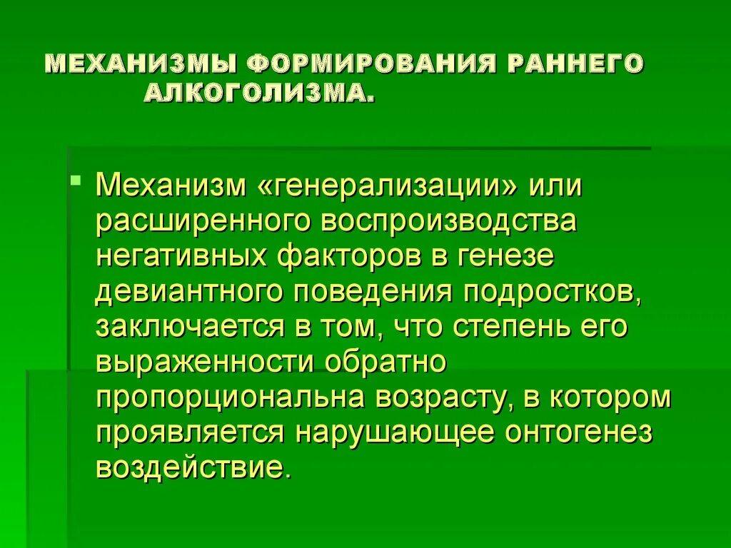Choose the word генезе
point(503,257)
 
